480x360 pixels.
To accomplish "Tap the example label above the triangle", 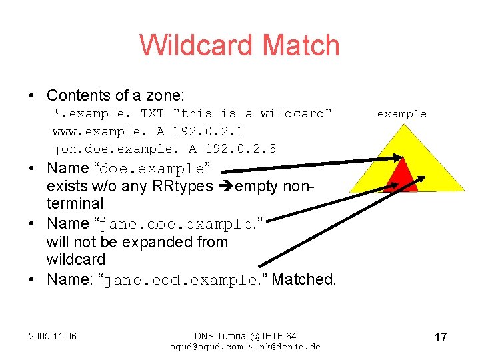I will pyautogui.click(x=401, y=114).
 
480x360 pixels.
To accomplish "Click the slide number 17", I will pyautogui.click(x=440, y=337).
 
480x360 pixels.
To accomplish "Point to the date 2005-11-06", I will pyautogui.click(x=53, y=335).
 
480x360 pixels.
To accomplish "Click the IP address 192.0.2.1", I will pyautogui.click(x=209, y=131).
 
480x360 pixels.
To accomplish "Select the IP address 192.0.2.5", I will pyautogui.click(x=241, y=148).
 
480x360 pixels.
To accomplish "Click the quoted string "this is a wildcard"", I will pyautogui.click(x=253, y=113).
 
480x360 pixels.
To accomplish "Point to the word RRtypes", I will pyautogui.click(x=181, y=186).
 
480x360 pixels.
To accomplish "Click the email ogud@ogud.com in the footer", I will pyautogui.click(x=207, y=347).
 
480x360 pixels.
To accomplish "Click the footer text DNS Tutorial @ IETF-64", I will pyautogui.click(x=245, y=335).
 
